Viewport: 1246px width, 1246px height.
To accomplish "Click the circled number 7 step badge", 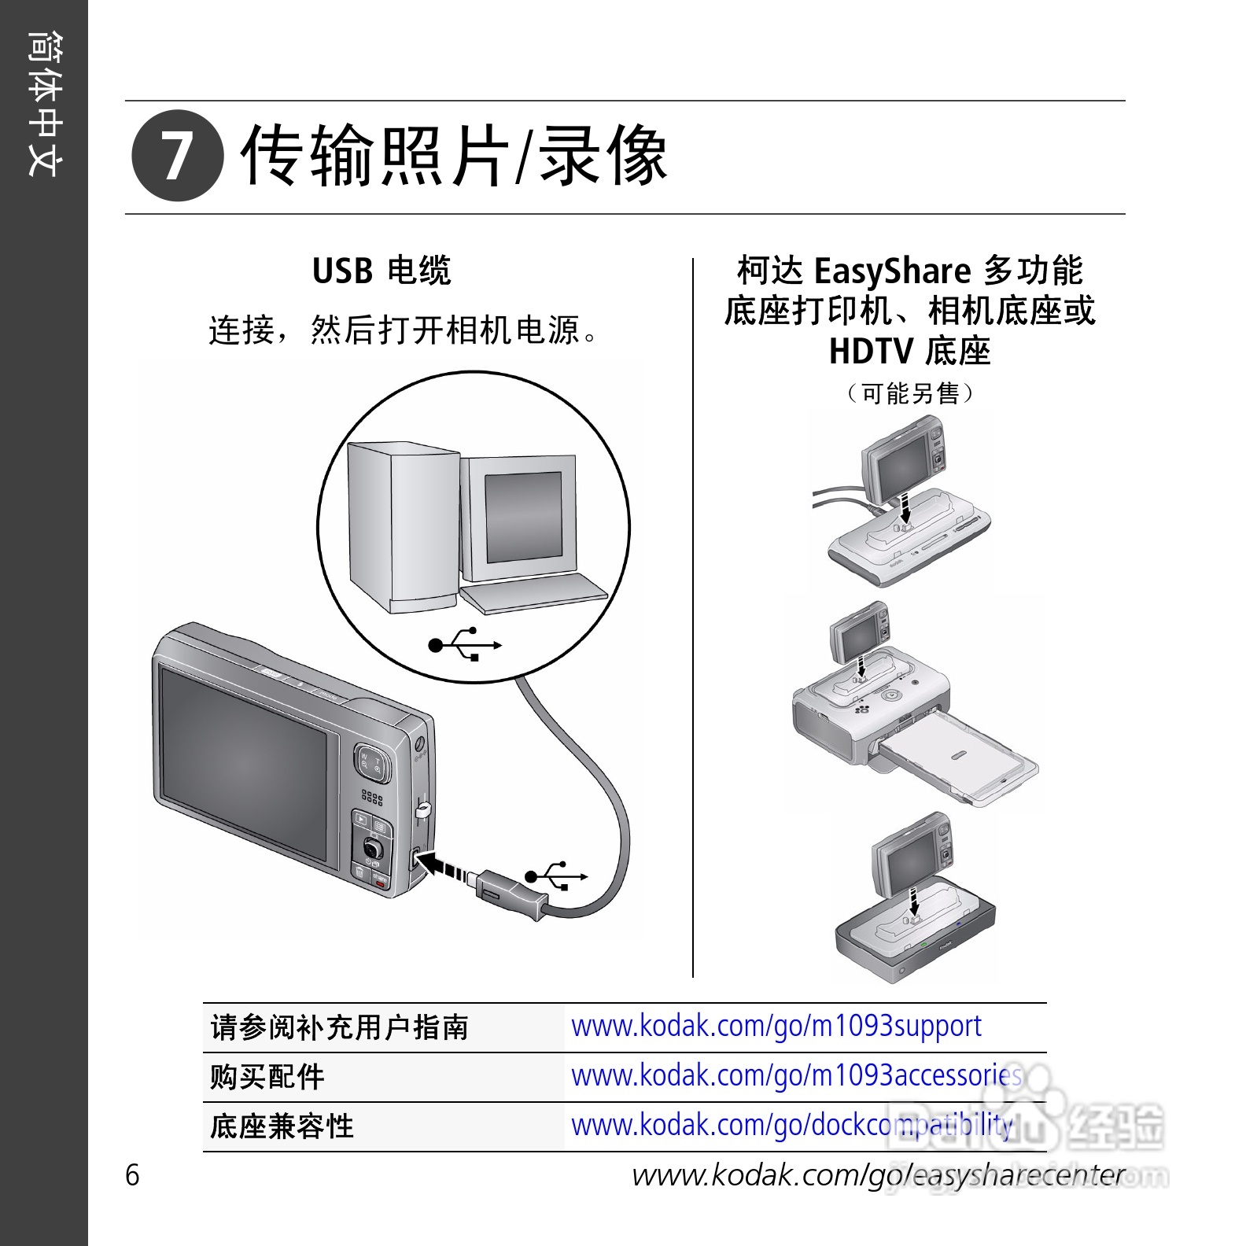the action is click(177, 156).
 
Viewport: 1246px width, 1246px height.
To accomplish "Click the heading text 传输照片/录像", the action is click(454, 157).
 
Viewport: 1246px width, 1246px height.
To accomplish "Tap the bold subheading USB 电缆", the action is click(382, 271).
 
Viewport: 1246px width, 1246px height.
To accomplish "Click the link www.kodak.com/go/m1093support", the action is click(776, 1027).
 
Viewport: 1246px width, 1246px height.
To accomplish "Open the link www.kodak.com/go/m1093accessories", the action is click(796, 1075).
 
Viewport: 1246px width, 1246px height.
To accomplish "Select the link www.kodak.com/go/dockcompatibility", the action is click(791, 1125).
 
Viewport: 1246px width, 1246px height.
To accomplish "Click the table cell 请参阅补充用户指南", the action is click(340, 1027).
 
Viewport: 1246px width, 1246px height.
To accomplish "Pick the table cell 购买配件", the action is click(267, 1077).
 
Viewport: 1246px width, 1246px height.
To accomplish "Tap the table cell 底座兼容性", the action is click(282, 1126).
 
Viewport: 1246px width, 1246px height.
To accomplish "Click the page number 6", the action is click(132, 1174).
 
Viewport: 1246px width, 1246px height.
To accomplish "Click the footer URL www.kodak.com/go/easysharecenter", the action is click(879, 1175).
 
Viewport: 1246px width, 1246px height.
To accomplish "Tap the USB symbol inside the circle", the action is click(465, 644).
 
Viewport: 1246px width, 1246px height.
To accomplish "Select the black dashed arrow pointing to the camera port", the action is click(445, 866).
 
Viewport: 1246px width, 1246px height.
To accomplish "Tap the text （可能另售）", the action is click(909, 393).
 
